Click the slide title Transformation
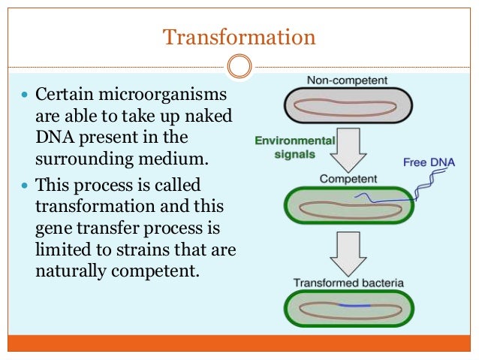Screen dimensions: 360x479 click(239, 36)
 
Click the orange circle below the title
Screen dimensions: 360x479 click(239, 67)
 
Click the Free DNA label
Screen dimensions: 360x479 click(429, 162)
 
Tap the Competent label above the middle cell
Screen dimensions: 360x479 click(346, 179)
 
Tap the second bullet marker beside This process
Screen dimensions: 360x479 click(26, 186)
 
